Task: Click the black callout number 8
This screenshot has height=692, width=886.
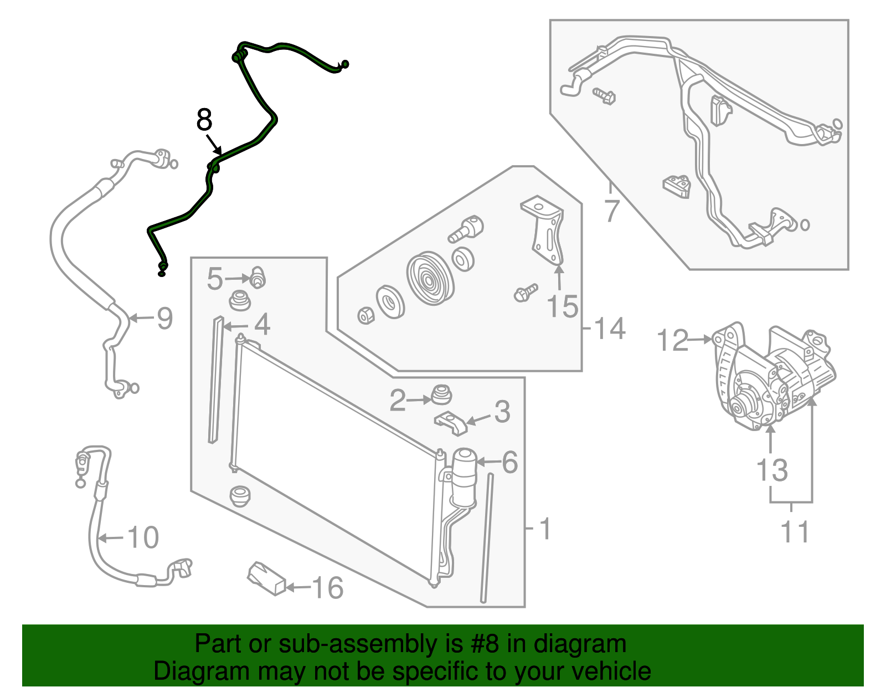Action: [x=204, y=120]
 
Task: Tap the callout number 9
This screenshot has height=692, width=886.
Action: [x=164, y=319]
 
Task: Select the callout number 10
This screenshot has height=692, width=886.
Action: [x=143, y=537]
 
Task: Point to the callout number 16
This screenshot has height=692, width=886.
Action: [x=327, y=588]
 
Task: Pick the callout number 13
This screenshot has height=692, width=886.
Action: [x=772, y=470]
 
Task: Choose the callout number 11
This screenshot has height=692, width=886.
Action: [x=794, y=532]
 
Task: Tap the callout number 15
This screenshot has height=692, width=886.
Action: [x=562, y=306]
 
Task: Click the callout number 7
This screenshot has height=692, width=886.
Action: [x=610, y=211]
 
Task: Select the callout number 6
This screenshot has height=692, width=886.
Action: [x=509, y=463]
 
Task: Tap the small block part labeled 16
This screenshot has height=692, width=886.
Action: [x=267, y=578]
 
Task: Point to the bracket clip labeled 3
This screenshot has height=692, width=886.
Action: [x=451, y=423]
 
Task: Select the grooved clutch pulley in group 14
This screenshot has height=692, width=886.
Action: [x=430, y=278]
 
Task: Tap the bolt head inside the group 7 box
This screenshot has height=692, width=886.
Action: [x=605, y=96]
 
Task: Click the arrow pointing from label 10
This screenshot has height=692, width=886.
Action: [x=111, y=539]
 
